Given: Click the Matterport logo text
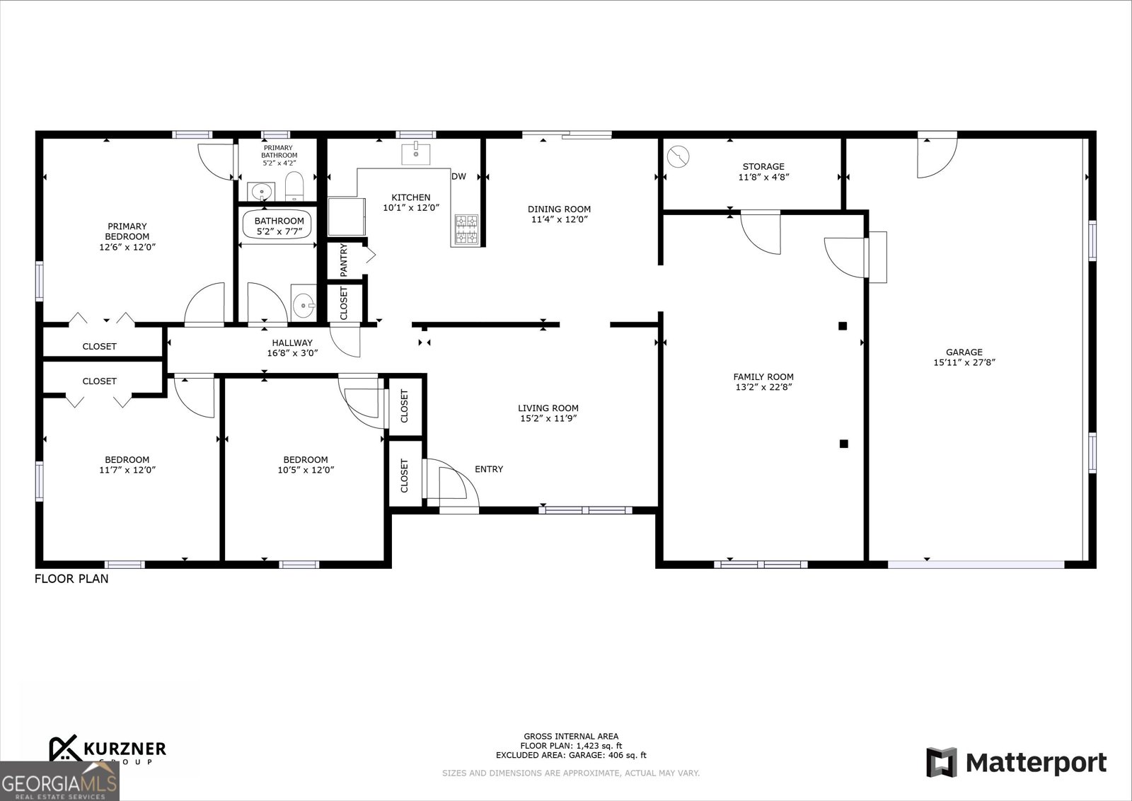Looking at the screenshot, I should pyautogui.click(x=1036, y=763).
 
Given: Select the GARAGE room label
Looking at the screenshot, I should pyautogui.click(x=964, y=352).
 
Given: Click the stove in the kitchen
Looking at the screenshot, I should pyautogui.click(x=466, y=229).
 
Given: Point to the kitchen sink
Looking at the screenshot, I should pyautogui.click(x=416, y=152).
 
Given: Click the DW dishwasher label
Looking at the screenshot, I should pyautogui.click(x=458, y=177).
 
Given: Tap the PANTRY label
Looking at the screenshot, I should pyautogui.click(x=344, y=260).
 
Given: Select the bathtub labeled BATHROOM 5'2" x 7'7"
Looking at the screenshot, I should pyautogui.click(x=279, y=225).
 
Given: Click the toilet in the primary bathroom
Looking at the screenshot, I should pyautogui.click(x=294, y=187).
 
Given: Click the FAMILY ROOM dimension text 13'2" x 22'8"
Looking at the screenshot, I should pyautogui.click(x=763, y=387).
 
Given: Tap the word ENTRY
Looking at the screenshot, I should pyautogui.click(x=489, y=469).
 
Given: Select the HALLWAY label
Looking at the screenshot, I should pyautogui.click(x=291, y=342).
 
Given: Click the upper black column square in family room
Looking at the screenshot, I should pyautogui.click(x=843, y=326).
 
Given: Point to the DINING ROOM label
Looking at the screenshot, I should pyautogui.click(x=559, y=209).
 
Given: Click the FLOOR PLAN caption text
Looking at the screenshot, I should pyautogui.click(x=71, y=579).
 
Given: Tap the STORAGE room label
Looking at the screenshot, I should pyautogui.click(x=763, y=167).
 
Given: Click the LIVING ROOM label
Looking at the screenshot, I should pyautogui.click(x=548, y=408).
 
